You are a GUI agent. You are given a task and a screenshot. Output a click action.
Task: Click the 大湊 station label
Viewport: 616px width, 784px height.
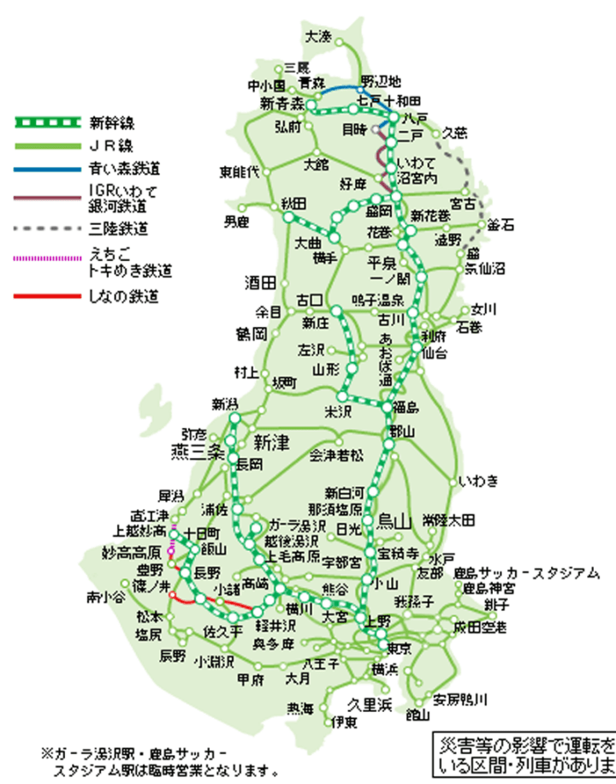click(318, 36)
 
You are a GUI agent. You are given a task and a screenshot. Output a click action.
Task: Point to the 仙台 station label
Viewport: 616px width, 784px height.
click(435, 352)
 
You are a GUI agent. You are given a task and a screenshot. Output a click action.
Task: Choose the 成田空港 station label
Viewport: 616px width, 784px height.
click(482, 627)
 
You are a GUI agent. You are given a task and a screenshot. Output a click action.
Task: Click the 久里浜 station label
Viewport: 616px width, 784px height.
click(369, 704)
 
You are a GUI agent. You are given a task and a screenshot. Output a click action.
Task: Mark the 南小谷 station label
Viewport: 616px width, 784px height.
click(104, 597)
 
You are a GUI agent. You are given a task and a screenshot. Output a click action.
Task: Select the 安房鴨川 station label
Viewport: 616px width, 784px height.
click(459, 699)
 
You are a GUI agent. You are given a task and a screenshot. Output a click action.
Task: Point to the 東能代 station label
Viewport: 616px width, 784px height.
click(240, 171)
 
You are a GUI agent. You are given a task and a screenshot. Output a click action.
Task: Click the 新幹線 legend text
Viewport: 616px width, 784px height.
click(110, 121)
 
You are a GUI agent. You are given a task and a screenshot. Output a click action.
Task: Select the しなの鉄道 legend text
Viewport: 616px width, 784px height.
click(123, 297)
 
